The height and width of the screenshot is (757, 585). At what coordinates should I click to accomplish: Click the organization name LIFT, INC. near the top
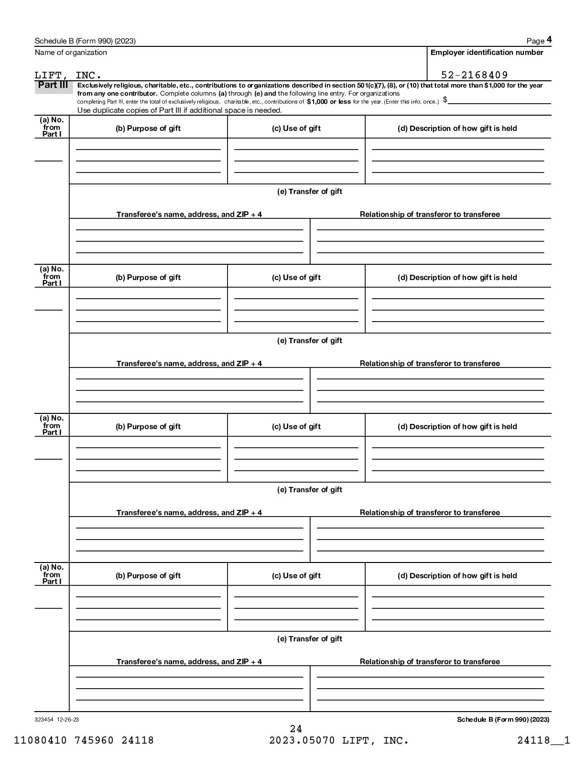click(68, 75)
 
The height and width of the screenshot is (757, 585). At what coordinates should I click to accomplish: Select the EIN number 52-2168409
click(474, 75)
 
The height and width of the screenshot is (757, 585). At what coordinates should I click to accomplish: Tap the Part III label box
click(53, 86)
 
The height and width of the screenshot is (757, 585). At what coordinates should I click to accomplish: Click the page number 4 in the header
click(549, 40)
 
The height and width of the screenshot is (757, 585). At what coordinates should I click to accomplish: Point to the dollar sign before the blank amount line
click(445, 99)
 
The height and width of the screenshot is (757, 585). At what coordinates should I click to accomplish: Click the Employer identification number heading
click(487, 52)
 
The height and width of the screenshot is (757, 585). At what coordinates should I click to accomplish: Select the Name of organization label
click(71, 52)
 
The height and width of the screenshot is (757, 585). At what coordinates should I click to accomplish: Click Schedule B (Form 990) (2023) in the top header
click(85, 41)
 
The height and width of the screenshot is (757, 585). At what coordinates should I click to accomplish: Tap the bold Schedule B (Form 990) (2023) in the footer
click(503, 719)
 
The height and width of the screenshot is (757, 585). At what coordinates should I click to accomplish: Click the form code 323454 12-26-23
click(56, 719)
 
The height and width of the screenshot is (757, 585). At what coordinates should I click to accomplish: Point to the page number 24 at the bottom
click(296, 729)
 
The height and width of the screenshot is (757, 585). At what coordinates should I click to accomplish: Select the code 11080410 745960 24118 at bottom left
click(84, 740)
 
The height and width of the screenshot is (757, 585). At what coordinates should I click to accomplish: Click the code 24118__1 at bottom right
click(543, 740)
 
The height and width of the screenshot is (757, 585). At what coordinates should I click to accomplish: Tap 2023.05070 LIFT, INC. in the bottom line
click(339, 740)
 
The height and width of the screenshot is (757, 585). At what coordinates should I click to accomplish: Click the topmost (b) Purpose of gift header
click(148, 128)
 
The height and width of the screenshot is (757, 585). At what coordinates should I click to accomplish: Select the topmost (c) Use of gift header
click(296, 128)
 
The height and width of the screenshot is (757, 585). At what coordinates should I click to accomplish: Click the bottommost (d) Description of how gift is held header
click(457, 575)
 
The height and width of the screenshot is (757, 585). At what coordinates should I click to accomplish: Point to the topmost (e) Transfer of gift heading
click(310, 191)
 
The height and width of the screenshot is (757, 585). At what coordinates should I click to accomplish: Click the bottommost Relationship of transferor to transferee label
click(430, 661)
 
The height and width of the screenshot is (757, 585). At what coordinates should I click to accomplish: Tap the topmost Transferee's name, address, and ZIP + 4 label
click(189, 214)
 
